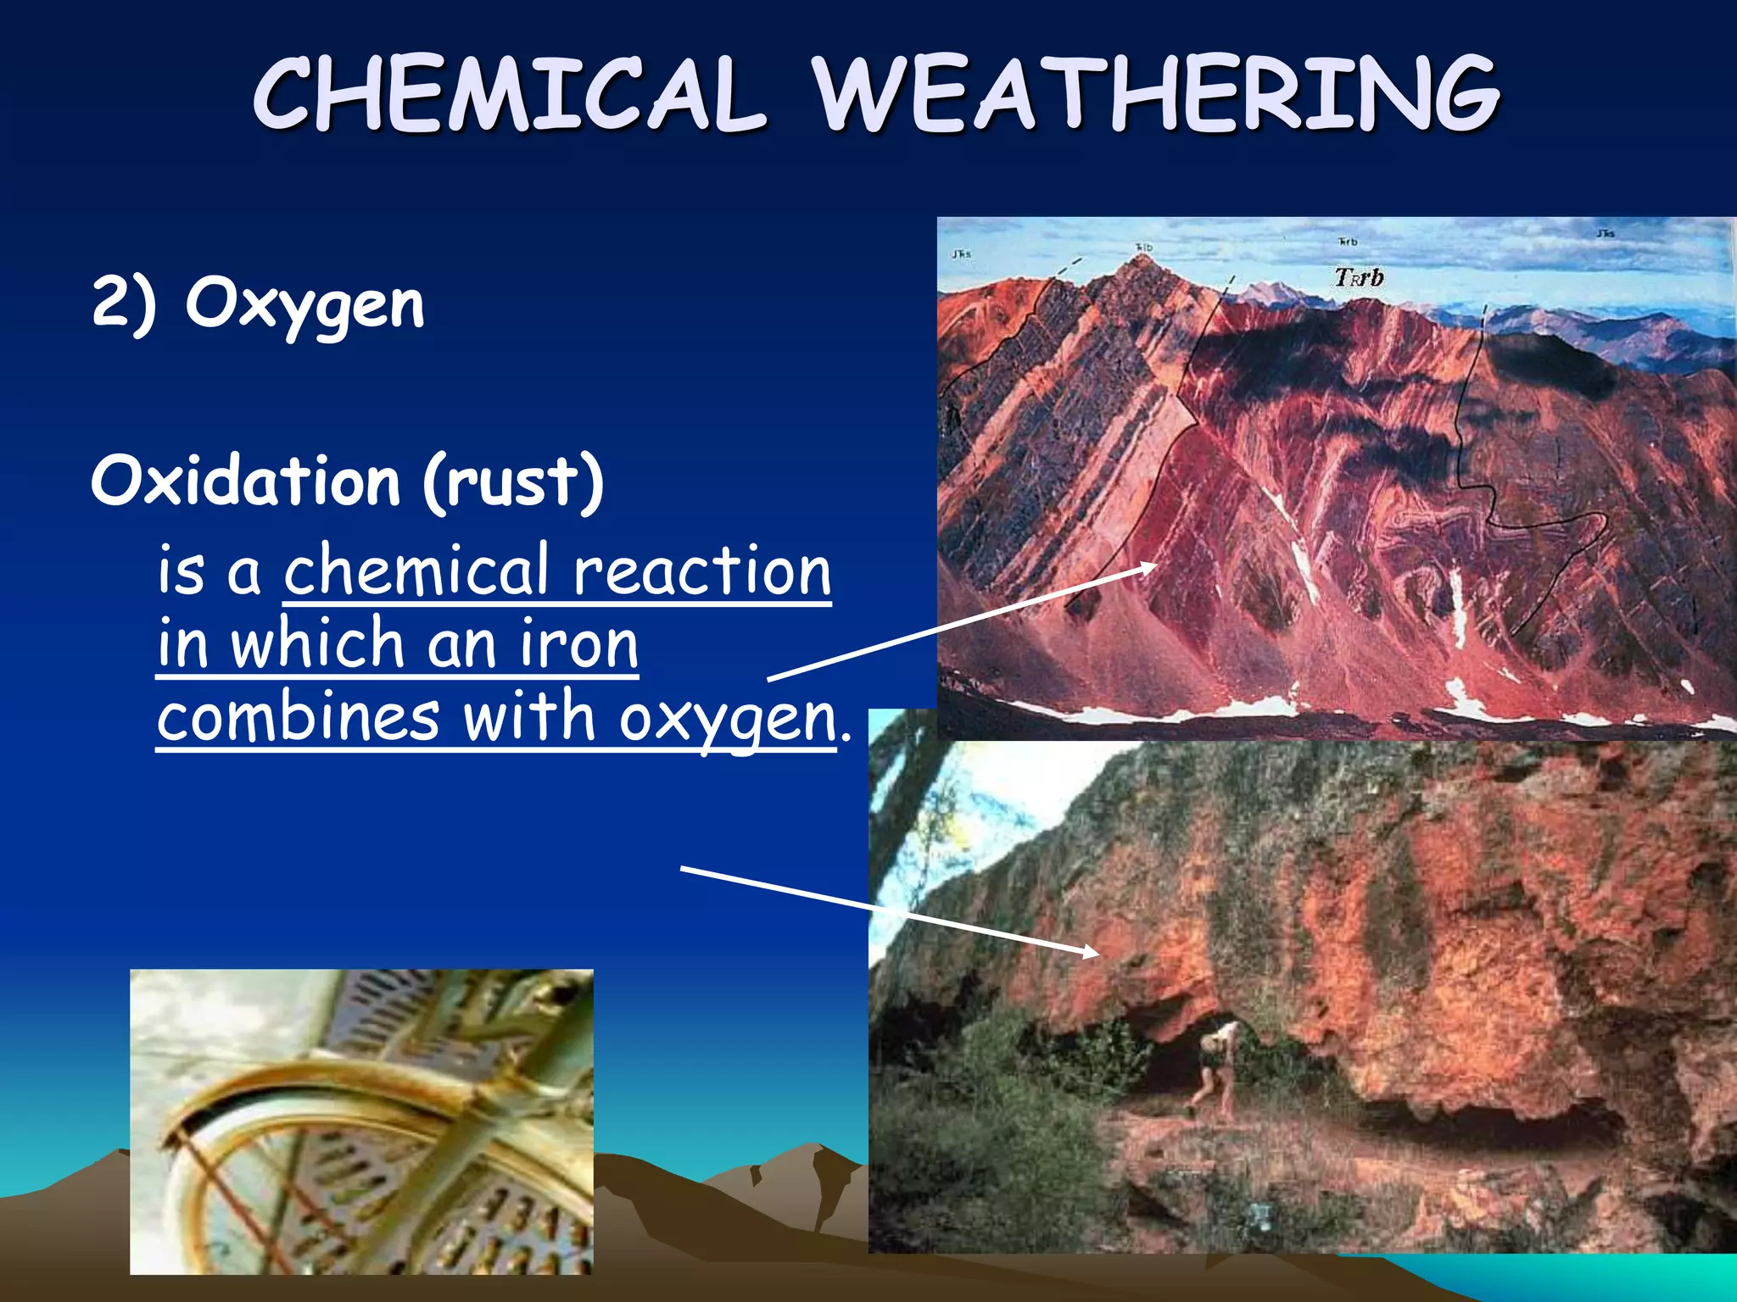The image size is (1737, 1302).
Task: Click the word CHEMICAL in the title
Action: click(509, 93)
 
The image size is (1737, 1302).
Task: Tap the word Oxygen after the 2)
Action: click(304, 305)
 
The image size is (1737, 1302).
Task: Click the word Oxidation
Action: click(246, 481)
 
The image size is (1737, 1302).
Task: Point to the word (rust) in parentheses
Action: click(514, 481)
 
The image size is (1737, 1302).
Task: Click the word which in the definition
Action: click(317, 644)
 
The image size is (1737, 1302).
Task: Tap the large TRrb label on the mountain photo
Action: click(1359, 277)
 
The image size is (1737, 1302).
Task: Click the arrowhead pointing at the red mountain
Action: click(1149, 566)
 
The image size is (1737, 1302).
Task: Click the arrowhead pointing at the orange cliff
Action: click(1089, 952)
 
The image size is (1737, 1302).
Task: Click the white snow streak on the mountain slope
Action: click(1458, 606)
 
